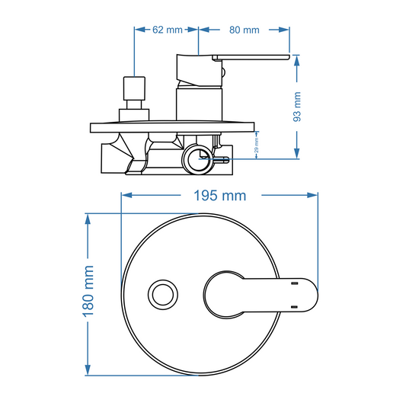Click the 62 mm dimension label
pos(168,30)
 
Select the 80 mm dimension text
pos(245,30)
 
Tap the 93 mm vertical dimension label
pos(298,107)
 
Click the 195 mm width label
pos(219,195)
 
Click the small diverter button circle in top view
pos(162,292)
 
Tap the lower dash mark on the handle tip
pos(293,306)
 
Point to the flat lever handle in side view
pos(251,58)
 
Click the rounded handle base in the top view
pos(225,293)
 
